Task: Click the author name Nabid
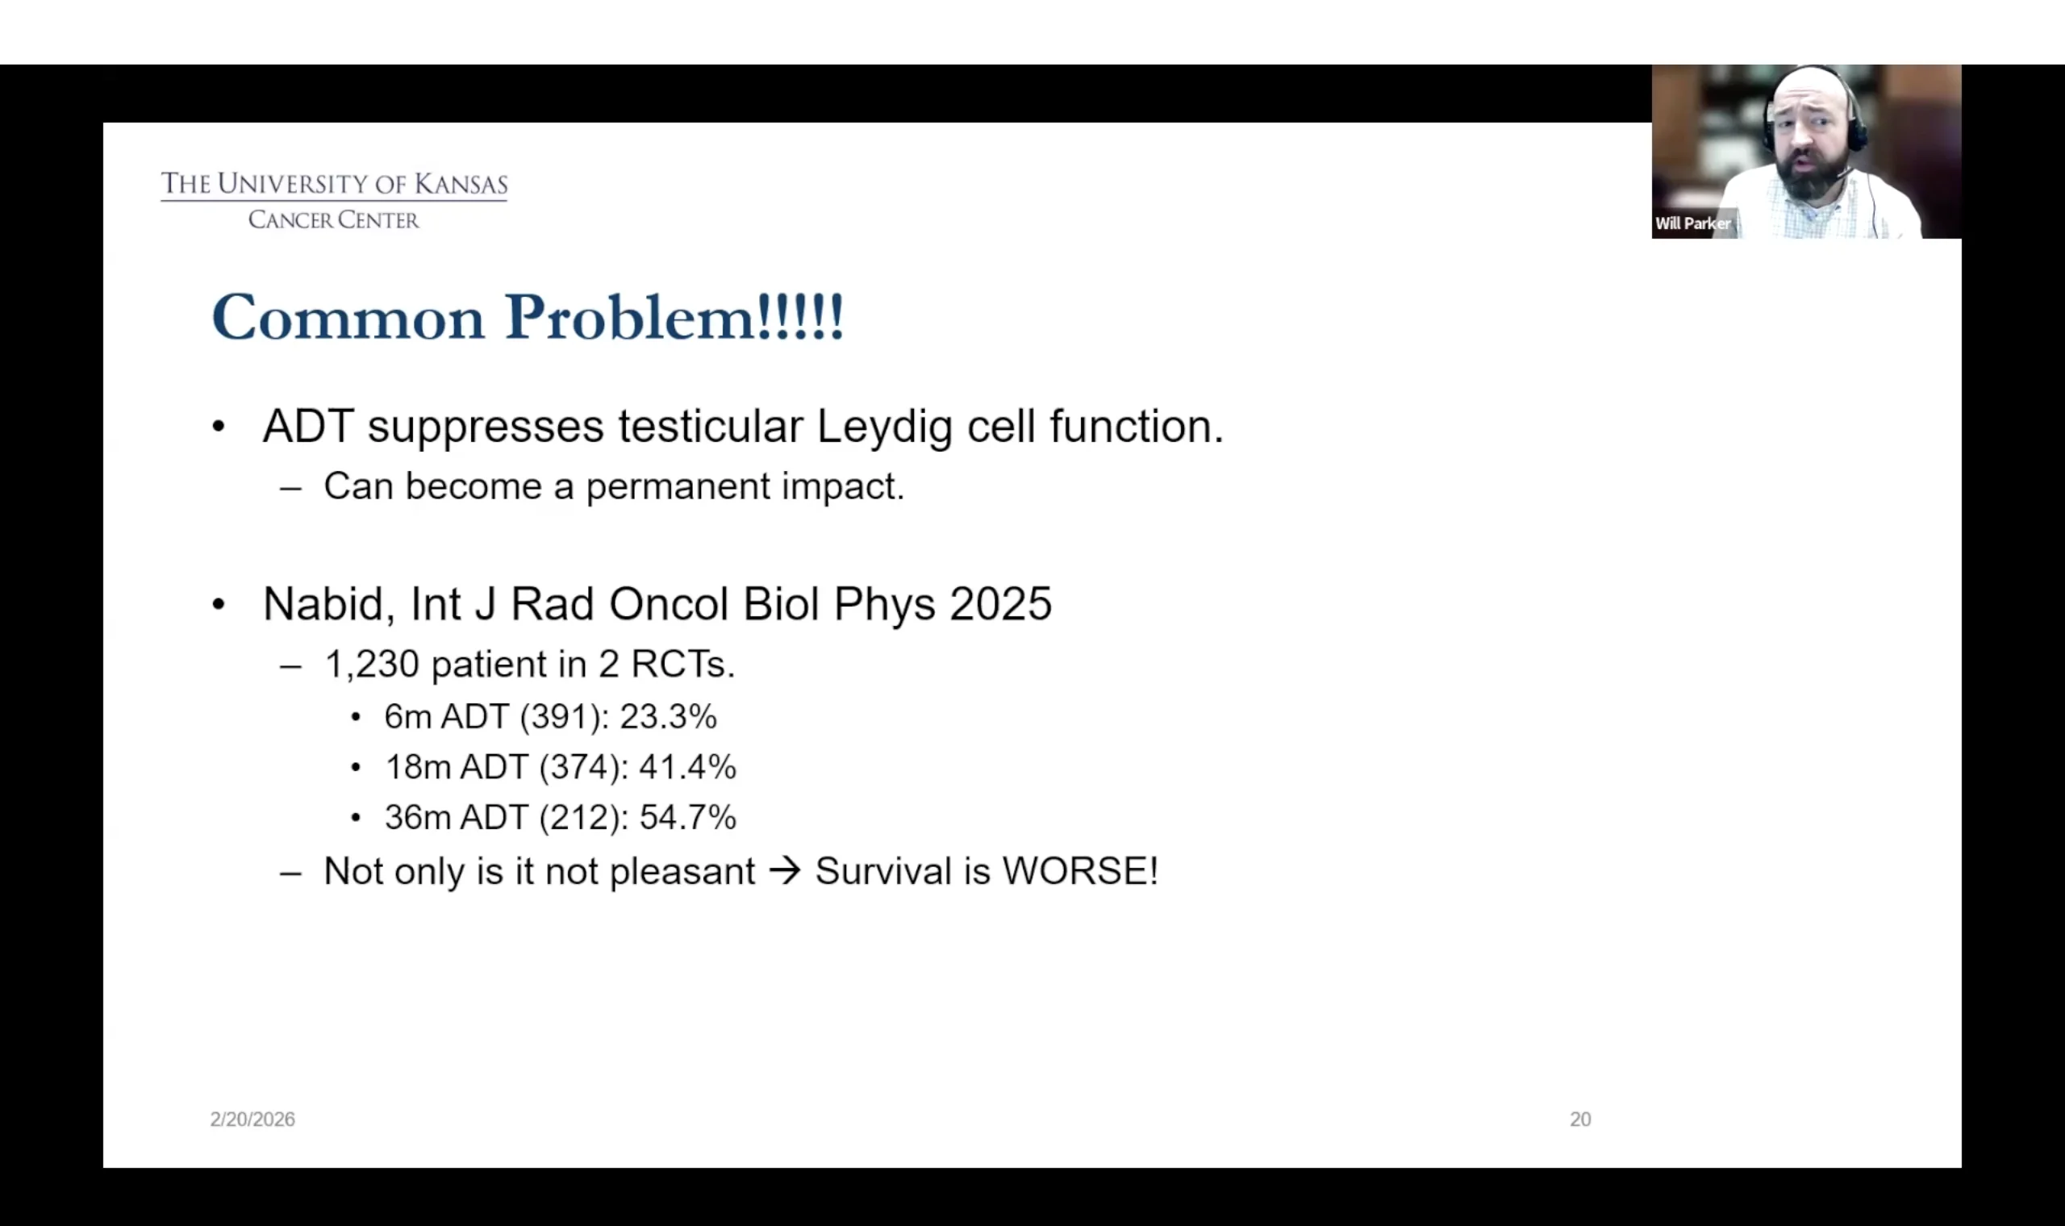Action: coord(323,605)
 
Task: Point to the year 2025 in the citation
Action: coord(1000,604)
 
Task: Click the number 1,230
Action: coord(372,665)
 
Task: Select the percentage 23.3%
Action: coord(668,716)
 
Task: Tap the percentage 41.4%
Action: coord(687,767)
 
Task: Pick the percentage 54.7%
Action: coord(687,817)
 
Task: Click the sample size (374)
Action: coord(579,768)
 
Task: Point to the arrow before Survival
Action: coord(785,871)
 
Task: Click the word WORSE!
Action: coord(1079,871)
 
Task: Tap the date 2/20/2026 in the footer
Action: coord(252,1119)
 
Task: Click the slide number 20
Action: coord(1580,1119)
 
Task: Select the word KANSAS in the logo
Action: coord(461,183)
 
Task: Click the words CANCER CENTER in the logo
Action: coord(334,219)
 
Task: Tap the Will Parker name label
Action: coord(1692,223)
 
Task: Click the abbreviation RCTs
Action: coord(682,665)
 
